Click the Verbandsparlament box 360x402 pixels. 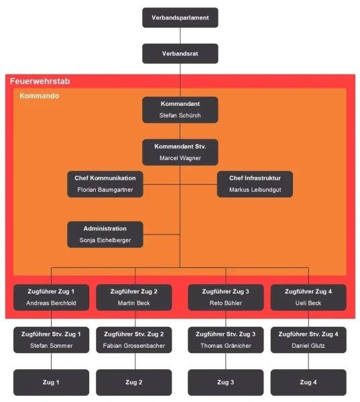180,17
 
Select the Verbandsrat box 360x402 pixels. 180,54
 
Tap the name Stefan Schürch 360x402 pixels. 180,115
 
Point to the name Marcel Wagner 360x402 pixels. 180,158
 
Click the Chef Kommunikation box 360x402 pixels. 105,184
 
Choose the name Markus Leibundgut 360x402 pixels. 255,190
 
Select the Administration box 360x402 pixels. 105,234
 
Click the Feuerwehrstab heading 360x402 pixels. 40,81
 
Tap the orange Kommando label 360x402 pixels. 40,96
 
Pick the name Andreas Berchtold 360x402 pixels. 51,303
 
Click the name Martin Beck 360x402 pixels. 133,303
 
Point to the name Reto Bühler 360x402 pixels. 225,303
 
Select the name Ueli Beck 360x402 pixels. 308,303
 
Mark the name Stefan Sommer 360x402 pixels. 52,346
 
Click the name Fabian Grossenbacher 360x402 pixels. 134,346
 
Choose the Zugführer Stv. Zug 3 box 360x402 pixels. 225,340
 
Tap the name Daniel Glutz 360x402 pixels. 308,346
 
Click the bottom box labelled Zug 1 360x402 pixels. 51,383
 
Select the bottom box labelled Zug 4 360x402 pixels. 308,383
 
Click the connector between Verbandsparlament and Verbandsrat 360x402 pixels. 180,36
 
